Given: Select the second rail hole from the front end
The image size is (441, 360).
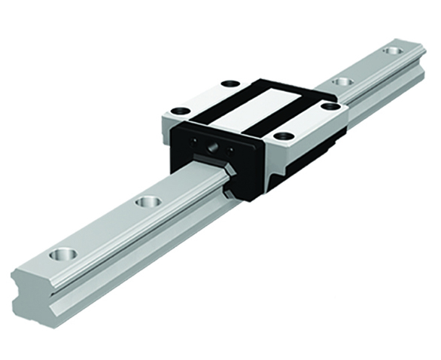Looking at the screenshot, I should [148, 202].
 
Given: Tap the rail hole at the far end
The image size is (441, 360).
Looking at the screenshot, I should [391, 50].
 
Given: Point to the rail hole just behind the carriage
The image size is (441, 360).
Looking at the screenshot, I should [343, 81].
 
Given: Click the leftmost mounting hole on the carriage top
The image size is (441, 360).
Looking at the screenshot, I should [179, 111].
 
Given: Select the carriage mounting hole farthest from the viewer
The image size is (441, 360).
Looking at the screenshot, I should [230, 83].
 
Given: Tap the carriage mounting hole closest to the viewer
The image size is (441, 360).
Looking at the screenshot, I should [283, 136].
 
